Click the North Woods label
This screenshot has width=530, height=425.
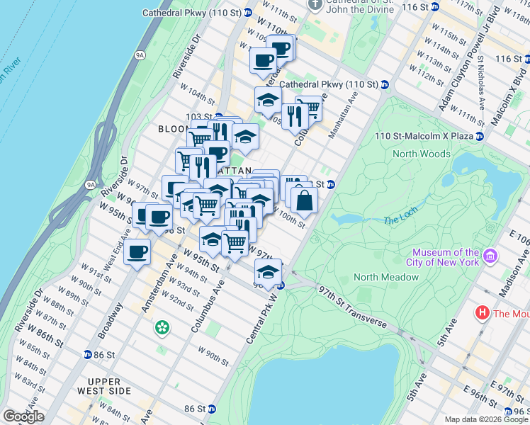423,154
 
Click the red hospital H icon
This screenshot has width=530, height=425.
483,312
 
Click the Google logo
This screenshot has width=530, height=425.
23,416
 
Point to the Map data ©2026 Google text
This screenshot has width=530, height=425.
486,419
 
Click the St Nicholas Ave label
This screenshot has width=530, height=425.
481,85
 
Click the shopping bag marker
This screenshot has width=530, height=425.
304,200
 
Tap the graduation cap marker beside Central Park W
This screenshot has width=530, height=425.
268,272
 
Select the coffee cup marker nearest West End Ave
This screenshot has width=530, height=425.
137,251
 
